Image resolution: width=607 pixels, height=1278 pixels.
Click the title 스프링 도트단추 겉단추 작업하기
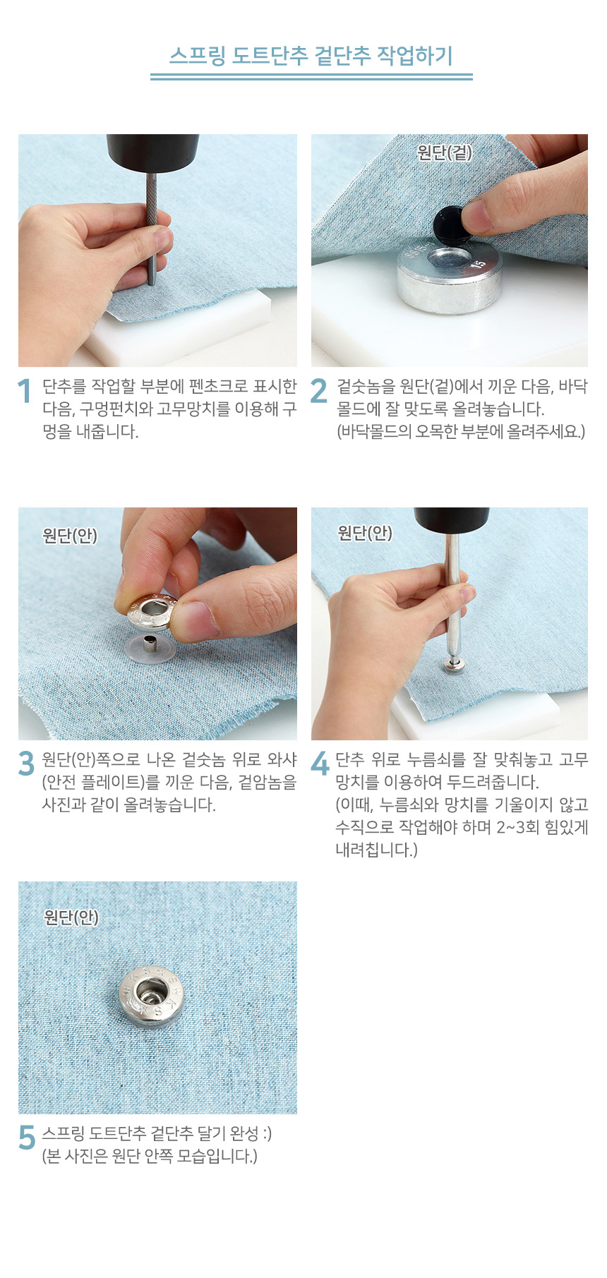click(x=311, y=56)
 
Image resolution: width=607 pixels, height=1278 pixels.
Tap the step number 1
click(x=25, y=391)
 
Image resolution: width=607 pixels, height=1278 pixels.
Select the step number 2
click(x=319, y=391)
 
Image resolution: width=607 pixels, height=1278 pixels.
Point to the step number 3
click(x=26, y=764)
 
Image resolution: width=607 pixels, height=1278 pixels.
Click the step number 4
click(x=320, y=764)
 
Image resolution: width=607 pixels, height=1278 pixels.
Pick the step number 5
click(x=27, y=1138)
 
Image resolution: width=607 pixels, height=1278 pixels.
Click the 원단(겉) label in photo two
click(x=444, y=152)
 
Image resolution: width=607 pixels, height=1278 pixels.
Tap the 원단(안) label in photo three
click(x=70, y=536)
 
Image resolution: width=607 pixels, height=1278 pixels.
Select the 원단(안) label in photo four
click(x=365, y=533)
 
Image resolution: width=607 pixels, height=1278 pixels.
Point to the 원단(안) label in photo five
click(x=71, y=917)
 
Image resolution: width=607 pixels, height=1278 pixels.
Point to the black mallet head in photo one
click(x=143, y=152)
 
